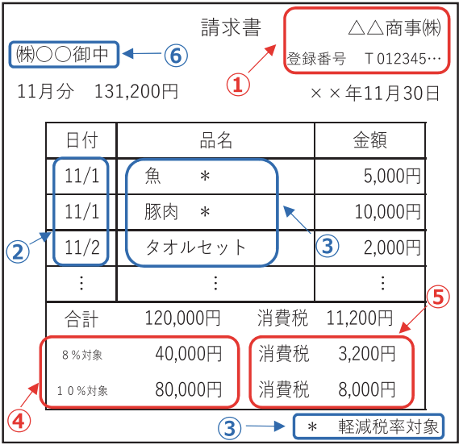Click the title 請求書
[x=231, y=27]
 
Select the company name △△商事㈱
[x=394, y=28]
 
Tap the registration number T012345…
[x=403, y=59]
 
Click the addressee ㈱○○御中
[x=62, y=55]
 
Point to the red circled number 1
[x=238, y=85]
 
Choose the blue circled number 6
[x=176, y=56]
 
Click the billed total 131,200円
[x=136, y=91]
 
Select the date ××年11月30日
[x=375, y=94]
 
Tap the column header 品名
[x=216, y=140]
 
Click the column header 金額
[x=370, y=140]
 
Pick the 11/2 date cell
[x=82, y=247]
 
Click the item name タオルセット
[x=195, y=247]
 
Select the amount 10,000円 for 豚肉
[x=388, y=211]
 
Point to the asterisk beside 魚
[x=205, y=177]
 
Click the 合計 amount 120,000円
[x=182, y=318]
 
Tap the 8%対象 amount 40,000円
[x=189, y=354]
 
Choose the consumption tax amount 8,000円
[x=367, y=389]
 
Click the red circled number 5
[x=438, y=297]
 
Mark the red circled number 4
[x=19, y=422]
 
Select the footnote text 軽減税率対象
[x=389, y=426]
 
